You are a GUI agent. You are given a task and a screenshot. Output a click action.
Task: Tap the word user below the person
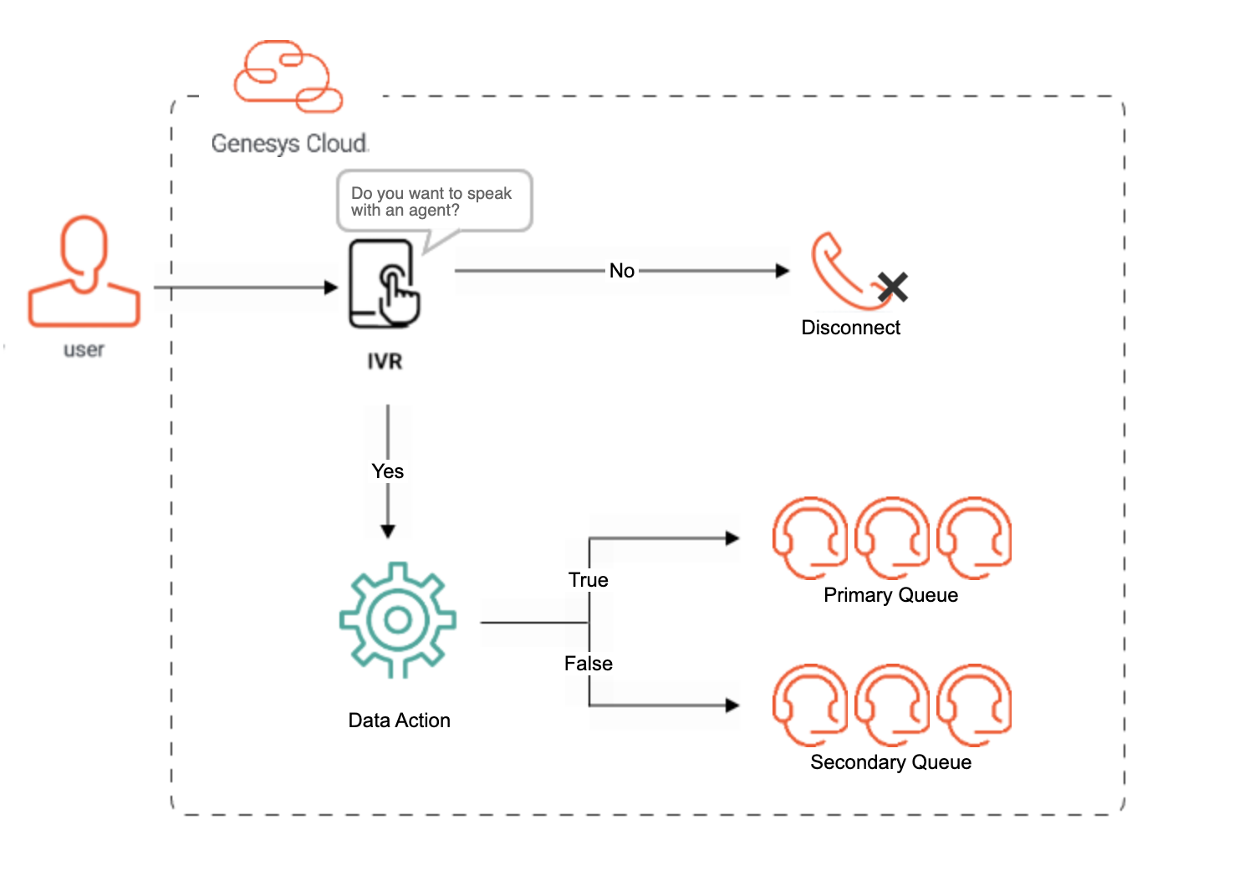[x=84, y=349]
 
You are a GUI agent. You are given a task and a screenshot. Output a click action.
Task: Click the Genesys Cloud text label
[x=289, y=144]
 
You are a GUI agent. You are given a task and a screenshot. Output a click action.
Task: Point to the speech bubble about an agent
[x=433, y=201]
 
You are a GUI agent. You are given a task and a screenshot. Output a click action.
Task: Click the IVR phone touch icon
[x=385, y=284]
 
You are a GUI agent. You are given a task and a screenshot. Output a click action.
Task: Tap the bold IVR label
[x=385, y=361]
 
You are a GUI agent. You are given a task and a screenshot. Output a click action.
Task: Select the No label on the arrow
[x=621, y=271]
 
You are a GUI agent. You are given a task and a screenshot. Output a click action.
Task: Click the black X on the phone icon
[x=893, y=288]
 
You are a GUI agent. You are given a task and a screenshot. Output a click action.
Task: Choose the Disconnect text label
[x=850, y=328]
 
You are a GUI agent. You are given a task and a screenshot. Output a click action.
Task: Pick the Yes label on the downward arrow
[x=387, y=471]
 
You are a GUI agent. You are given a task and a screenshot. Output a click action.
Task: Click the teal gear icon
[x=398, y=619]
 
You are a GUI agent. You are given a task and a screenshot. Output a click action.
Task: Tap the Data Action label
[x=399, y=720]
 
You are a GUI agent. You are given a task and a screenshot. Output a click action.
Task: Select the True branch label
[x=588, y=580]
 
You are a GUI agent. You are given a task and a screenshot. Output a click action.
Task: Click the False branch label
[x=588, y=664]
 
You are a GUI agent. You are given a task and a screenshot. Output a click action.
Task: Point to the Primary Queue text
[x=890, y=595]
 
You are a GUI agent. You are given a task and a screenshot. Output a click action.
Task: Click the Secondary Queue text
[x=890, y=762]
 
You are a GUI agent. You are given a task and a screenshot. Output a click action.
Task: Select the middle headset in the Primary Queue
[x=892, y=537]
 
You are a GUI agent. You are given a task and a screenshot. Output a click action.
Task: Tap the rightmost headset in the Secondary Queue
[x=974, y=705]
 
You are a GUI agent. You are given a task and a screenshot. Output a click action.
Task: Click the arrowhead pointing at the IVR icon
[x=331, y=288]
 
